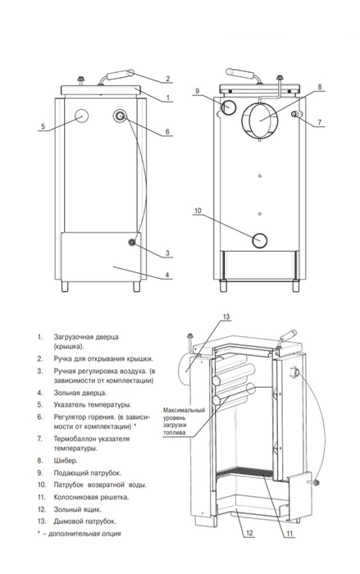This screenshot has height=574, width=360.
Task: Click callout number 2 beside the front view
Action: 167,79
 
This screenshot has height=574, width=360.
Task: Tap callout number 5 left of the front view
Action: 43,126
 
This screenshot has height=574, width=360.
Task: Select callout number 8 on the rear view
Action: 319,87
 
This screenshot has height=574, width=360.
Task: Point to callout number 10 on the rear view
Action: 198,211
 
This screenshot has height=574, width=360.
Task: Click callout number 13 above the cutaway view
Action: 226,317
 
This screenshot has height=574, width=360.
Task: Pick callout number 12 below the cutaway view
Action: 249,533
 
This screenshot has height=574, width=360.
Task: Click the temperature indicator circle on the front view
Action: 82,116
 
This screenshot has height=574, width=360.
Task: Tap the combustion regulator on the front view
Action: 120,116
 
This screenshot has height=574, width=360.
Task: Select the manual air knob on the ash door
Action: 132,243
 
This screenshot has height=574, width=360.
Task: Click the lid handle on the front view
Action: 116,76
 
